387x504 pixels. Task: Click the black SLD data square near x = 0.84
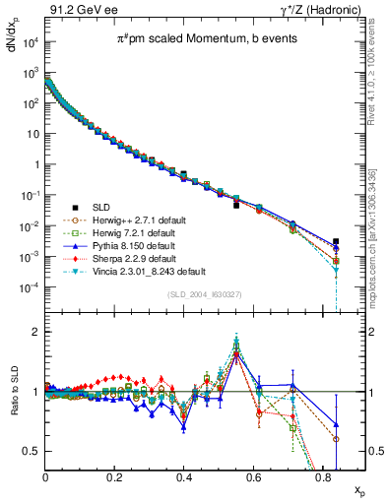pyautogui.click(x=337, y=241)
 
